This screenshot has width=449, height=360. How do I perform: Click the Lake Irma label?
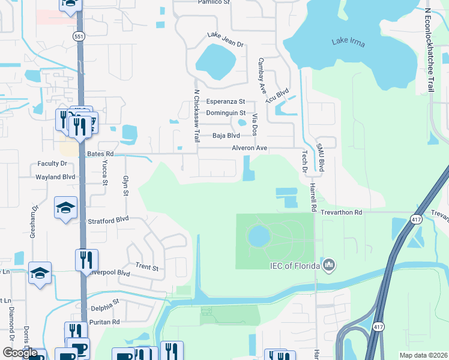tap(349, 43)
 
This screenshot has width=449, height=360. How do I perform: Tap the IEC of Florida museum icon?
tap(328, 265)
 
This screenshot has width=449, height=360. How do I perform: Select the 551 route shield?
tap(79, 37)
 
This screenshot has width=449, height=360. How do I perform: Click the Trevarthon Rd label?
tap(340, 212)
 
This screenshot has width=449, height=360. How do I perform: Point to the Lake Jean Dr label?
tap(226, 40)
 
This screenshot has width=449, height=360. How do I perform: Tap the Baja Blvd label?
tap(226, 136)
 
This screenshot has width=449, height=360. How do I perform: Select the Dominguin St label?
tap(226, 113)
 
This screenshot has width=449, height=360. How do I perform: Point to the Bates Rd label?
tap(100, 154)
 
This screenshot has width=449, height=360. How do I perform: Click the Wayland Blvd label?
tap(55, 177)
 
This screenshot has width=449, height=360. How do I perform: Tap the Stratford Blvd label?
tap(109, 220)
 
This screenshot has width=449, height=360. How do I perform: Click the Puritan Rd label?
tap(106, 322)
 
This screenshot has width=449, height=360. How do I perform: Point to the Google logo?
tap(20, 353)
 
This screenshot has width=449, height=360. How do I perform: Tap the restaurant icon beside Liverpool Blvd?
tap(86, 260)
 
